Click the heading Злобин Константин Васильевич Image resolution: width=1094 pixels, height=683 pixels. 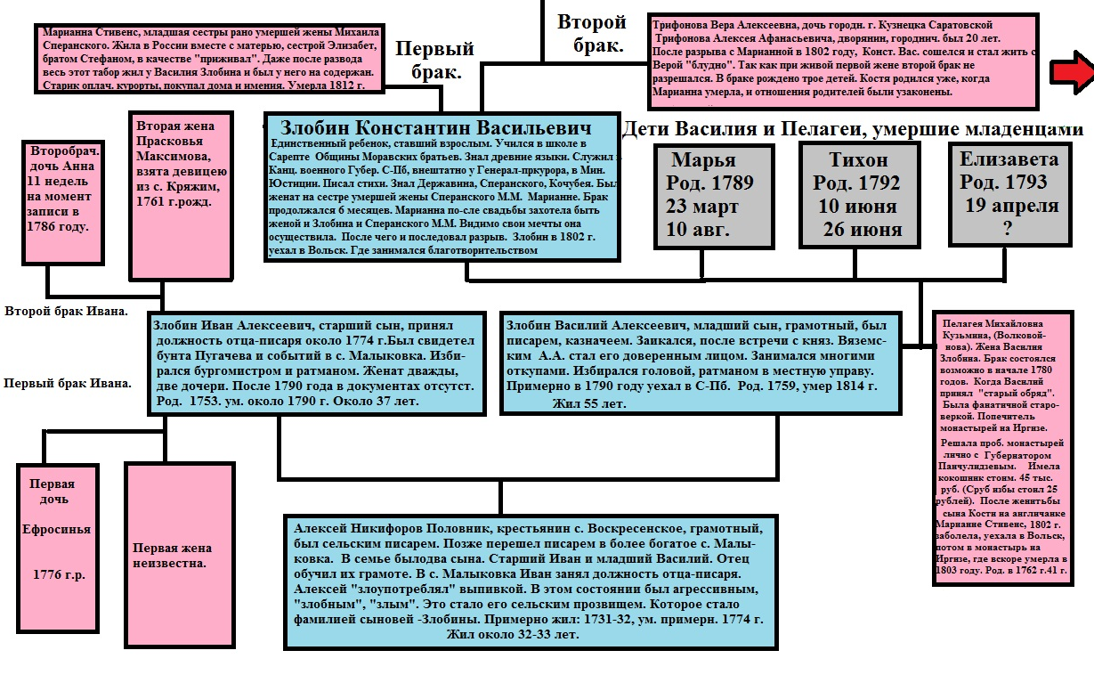click(436, 127)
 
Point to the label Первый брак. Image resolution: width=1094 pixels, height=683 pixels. click(435, 61)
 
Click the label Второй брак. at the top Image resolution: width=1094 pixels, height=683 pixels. click(592, 33)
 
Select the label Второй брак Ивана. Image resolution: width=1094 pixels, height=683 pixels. click(67, 312)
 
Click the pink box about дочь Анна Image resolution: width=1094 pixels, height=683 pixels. click(63, 200)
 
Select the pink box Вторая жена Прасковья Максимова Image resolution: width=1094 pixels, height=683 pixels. click(182, 193)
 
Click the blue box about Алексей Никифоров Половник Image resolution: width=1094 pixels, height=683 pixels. click(529, 579)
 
